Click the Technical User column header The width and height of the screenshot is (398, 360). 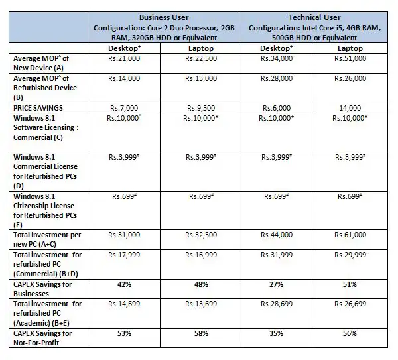tap(314, 17)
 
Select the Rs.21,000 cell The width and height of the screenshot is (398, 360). tap(124, 60)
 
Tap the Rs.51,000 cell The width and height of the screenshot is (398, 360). tap(350, 60)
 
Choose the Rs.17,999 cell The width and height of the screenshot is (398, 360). tap(124, 253)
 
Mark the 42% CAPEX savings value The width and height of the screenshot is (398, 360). tap(124, 284)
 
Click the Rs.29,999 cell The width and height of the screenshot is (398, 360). tap(350, 253)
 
